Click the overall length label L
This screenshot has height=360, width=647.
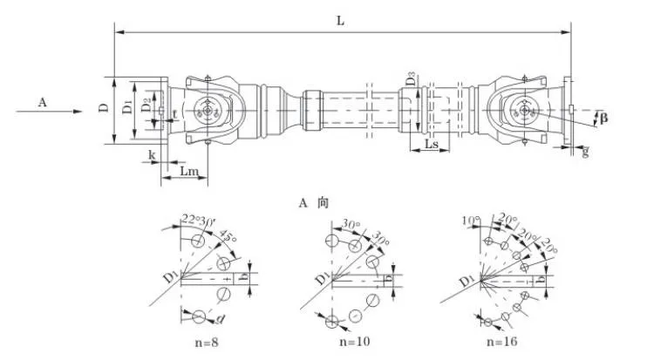[341, 19]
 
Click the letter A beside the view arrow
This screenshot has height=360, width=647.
[41, 102]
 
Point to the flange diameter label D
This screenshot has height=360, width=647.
[103, 109]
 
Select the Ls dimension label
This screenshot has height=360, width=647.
[431, 144]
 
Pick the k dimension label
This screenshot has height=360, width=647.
[153, 154]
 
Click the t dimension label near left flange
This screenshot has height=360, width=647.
[174, 114]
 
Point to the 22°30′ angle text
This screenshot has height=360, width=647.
[198, 219]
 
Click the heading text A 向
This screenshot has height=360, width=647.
[311, 202]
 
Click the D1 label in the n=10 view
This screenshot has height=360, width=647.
[321, 279]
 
